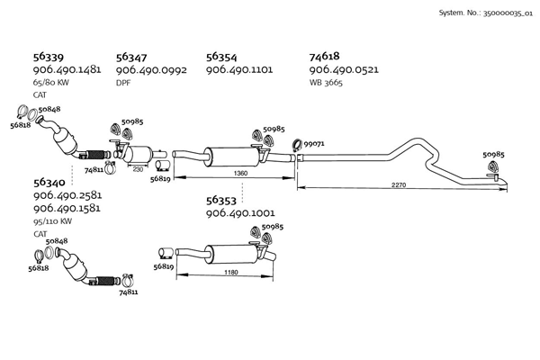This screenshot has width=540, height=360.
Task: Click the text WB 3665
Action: tap(327, 83)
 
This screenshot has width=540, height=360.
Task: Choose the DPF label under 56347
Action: tap(123, 83)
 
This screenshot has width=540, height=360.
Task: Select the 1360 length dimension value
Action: tap(240, 173)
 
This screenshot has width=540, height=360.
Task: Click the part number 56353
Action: tap(221, 201)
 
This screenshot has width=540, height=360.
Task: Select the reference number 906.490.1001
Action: tap(240, 214)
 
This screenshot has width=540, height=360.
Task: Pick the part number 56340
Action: tap(49, 182)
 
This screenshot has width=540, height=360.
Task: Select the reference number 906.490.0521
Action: tap(344, 69)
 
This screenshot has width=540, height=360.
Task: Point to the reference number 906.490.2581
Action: tap(67, 195)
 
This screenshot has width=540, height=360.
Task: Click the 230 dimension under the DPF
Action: tap(138, 168)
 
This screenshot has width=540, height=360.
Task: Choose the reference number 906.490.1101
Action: tap(240, 69)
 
